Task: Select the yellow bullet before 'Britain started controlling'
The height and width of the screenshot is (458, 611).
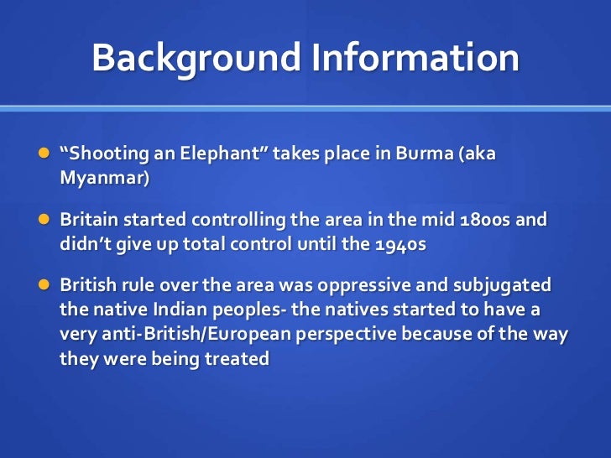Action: (x=43, y=220)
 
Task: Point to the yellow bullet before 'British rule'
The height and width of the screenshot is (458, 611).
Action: (x=43, y=285)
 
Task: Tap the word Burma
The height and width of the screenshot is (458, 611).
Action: (x=422, y=156)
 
